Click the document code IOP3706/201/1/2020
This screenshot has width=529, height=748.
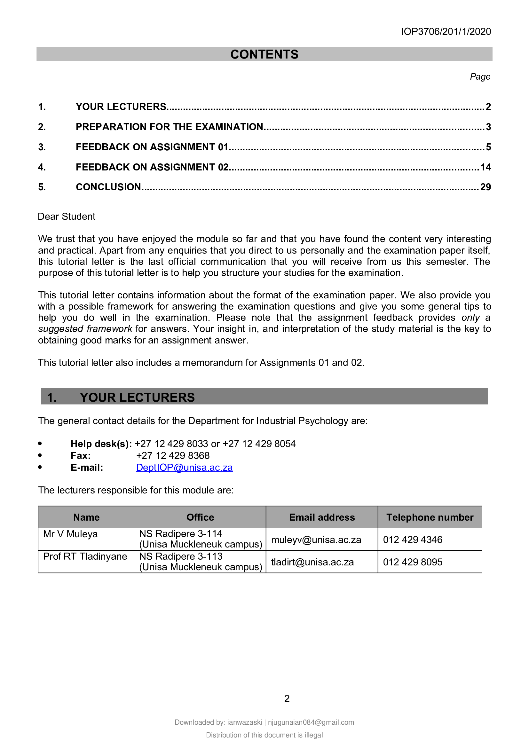click(446, 32)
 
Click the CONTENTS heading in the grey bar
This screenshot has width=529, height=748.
click(264, 54)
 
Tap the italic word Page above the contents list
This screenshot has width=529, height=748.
click(479, 76)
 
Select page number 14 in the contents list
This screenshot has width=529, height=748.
click(486, 167)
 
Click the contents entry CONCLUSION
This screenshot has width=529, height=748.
click(108, 187)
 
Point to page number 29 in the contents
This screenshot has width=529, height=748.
click(486, 187)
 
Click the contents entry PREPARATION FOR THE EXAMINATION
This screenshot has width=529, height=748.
click(170, 127)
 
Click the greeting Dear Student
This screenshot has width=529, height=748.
click(67, 217)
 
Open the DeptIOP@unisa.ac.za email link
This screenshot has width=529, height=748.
click(184, 468)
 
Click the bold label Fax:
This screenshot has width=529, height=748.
click(81, 456)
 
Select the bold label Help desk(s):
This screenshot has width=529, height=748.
click(101, 444)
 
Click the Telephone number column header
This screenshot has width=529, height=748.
click(429, 517)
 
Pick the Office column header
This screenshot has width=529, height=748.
click(200, 517)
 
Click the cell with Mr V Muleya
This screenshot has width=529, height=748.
click(70, 534)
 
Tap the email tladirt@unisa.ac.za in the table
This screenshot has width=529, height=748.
click(312, 562)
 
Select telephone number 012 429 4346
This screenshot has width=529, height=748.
click(412, 539)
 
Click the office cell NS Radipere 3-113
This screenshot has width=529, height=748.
click(181, 556)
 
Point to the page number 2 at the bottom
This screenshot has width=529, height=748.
click(287, 698)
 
